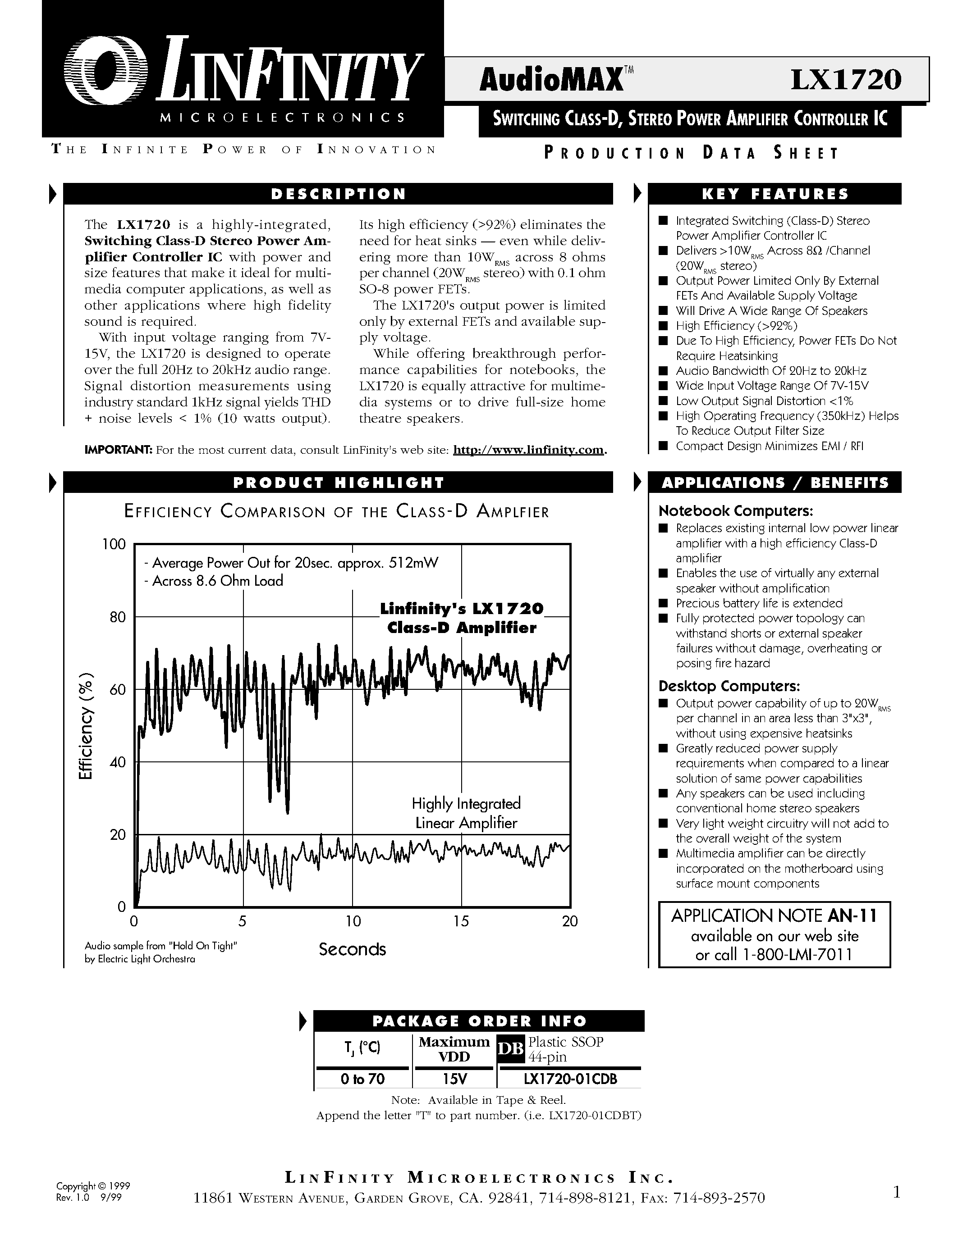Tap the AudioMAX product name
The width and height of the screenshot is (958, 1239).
pos(550,81)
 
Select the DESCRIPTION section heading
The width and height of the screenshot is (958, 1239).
pos(338,194)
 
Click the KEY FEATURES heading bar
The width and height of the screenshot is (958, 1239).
pos(775,194)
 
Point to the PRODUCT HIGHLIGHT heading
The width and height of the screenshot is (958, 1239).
pos(338,483)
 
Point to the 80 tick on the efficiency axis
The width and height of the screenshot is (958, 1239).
pos(118,617)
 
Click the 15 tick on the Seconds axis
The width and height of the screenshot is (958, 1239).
pos(461,921)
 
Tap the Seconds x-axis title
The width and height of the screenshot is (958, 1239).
pos(352,950)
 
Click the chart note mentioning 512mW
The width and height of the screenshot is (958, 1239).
pos(292,563)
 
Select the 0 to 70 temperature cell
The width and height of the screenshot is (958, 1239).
pos(362,1079)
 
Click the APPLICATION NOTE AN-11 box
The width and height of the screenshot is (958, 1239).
pos(774,934)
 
